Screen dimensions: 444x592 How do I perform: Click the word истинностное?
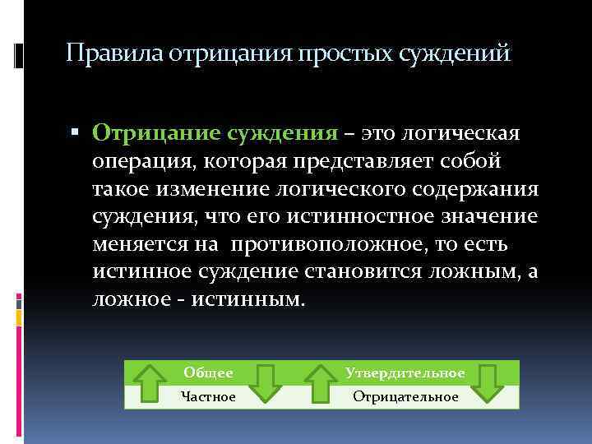[x=358, y=217]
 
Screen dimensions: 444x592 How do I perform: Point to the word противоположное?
[x=332, y=245]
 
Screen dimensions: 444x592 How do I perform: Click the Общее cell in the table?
[x=208, y=373]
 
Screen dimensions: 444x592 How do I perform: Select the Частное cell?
[x=208, y=397]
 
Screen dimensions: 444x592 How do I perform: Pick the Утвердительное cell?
[x=405, y=373]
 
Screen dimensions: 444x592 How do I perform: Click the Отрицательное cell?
[x=405, y=397]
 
